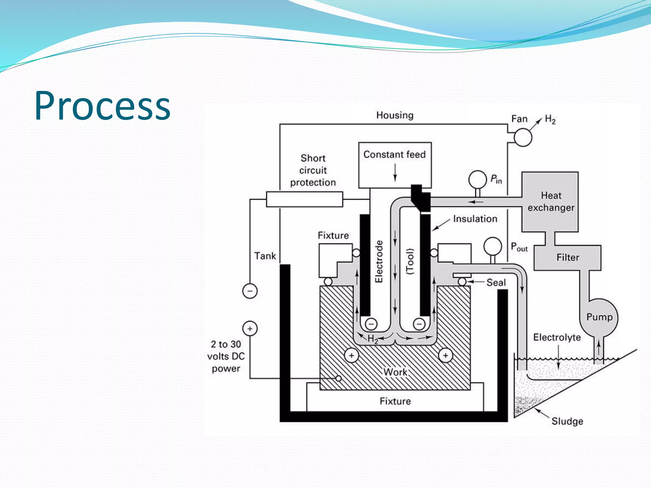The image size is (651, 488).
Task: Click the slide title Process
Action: tap(102, 106)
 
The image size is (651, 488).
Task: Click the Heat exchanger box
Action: tap(550, 201)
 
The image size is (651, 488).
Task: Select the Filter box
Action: tap(567, 257)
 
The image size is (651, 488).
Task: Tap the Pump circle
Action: tap(599, 317)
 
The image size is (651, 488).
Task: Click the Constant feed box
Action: tap(394, 165)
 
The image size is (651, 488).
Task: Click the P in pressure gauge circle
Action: tap(477, 180)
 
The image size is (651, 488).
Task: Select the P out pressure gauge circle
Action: tap(492, 246)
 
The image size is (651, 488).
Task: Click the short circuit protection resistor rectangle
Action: tap(304, 199)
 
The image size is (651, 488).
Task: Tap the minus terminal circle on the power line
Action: tap(250, 291)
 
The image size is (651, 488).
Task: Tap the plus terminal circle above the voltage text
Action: tap(250, 329)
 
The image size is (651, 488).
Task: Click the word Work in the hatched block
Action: tap(395, 372)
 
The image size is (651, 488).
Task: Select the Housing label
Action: tap(395, 115)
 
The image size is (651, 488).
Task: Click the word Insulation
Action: tap(475, 219)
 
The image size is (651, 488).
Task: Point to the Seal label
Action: tap(496, 282)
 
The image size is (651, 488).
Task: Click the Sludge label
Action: tap(567, 421)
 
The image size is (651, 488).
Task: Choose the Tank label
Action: tap(265, 256)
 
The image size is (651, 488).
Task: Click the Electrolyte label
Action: tap(557, 337)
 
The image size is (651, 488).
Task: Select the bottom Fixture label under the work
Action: tap(395, 401)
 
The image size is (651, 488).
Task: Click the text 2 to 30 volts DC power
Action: tap(226, 356)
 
